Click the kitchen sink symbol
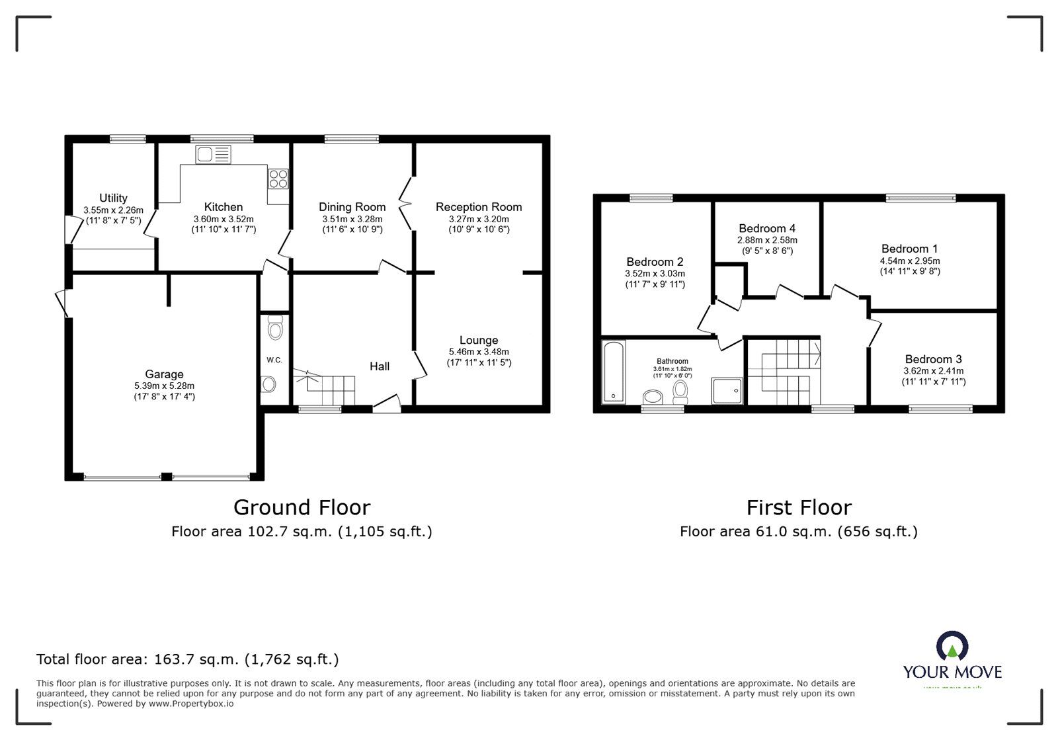(213, 155)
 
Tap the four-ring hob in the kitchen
(278, 178)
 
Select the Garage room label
(164, 374)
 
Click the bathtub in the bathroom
(614, 372)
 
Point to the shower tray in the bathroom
(727, 391)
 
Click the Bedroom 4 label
(767, 229)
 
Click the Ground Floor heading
(302, 507)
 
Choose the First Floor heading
(799, 507)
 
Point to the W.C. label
(274, 360)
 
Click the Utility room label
(113, 198)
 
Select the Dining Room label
(352, 207)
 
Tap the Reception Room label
(479, 207)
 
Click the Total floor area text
(187, 659)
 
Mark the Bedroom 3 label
(933, 360)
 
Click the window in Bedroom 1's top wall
(920, 198)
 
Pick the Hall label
(380, 366)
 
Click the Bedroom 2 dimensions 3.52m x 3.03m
(655, 273)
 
